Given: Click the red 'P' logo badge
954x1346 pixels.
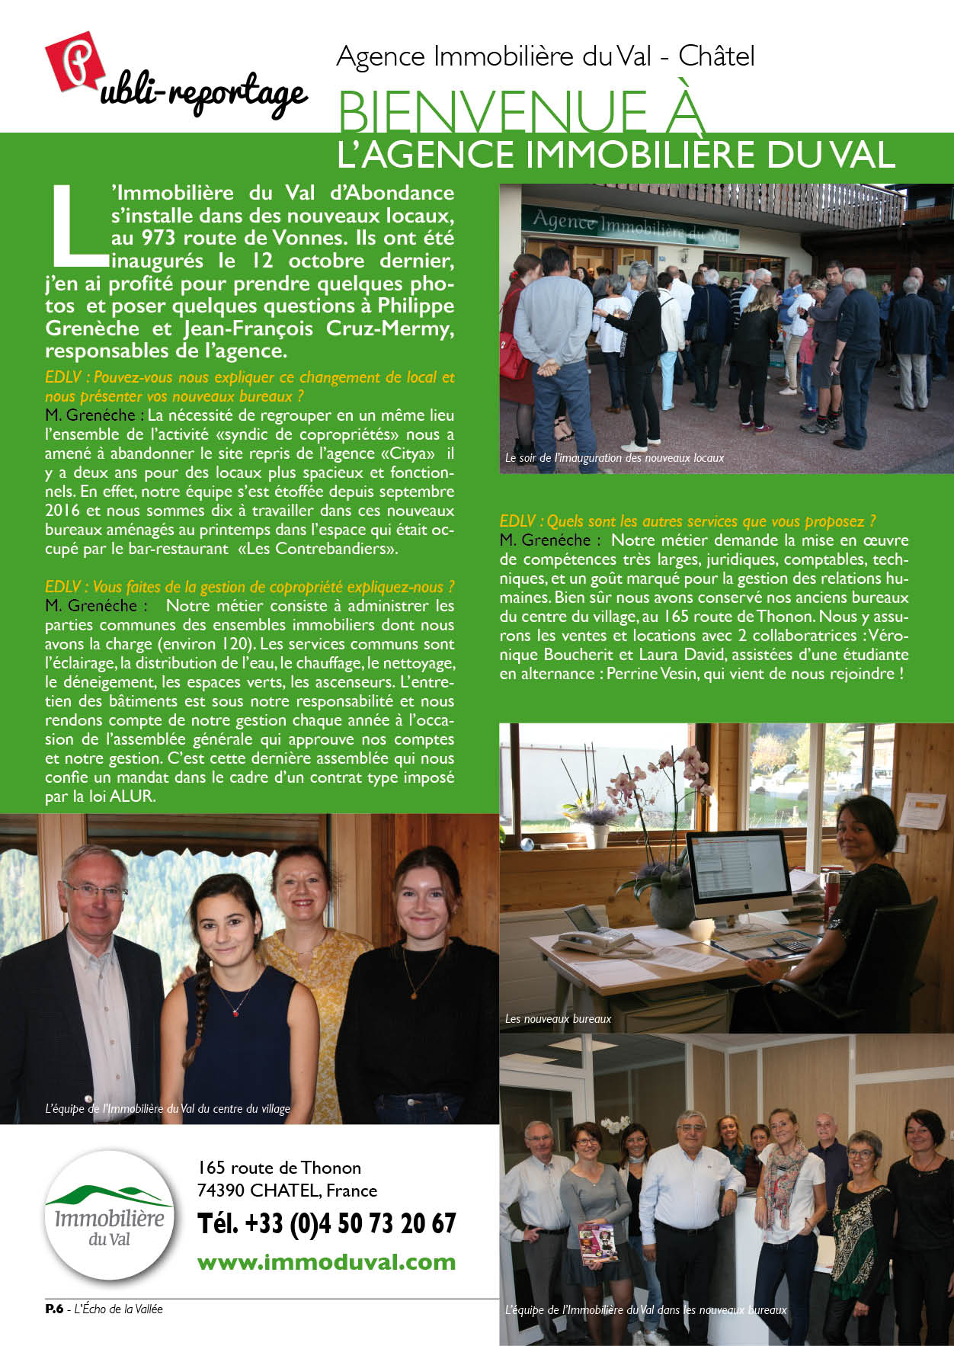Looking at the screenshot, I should coord(74,61).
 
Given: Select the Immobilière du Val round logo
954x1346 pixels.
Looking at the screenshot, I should coord(109,1215).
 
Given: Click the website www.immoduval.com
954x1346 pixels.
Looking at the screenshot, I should coord(326,1261).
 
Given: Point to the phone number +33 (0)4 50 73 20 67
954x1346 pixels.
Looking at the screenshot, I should coord(326,1223).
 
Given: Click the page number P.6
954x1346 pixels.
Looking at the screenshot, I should coord(53,1309).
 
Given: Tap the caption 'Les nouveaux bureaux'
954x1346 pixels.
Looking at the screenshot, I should coord(558,1018).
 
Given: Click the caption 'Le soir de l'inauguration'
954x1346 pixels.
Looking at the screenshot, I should coord(613,458).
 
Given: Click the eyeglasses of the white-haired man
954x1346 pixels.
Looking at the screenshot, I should coord(96,889).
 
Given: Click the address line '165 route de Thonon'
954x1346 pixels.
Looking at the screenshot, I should coord(279,1168).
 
